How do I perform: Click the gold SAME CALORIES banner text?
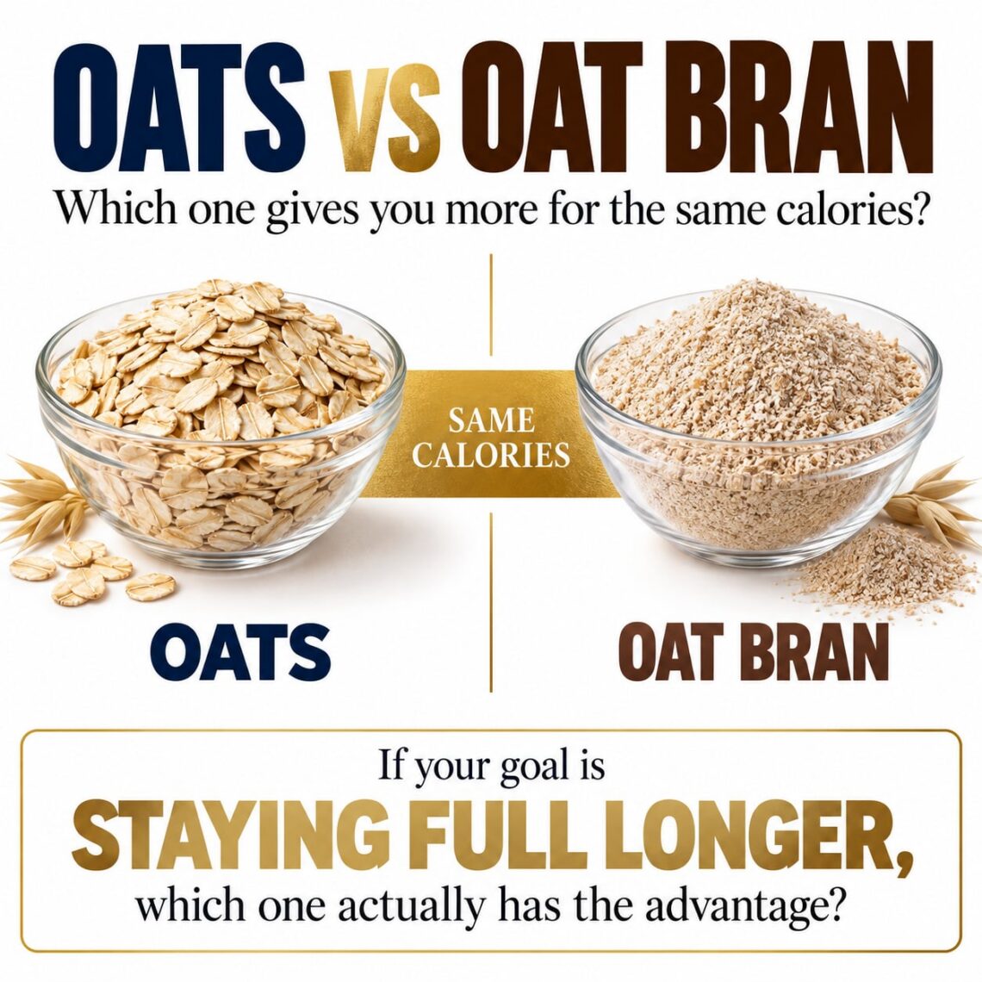coord(490,437)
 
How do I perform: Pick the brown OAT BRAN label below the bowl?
coord(756,652)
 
